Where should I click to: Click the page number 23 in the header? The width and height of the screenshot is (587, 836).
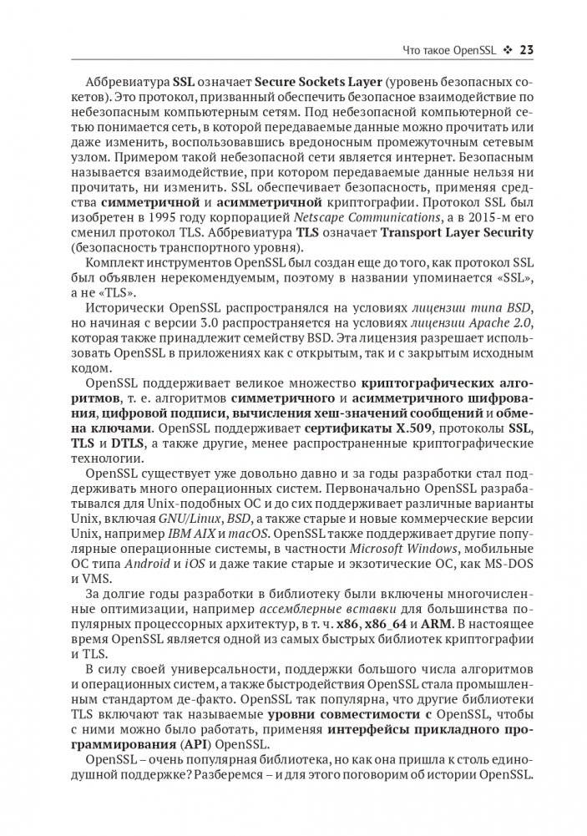tap(527, 49)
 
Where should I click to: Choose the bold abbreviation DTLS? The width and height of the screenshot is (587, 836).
tap(127, 444)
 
